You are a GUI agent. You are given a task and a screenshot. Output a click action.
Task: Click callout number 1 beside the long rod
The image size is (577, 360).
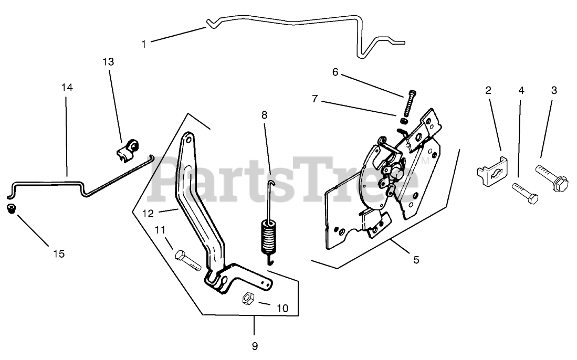(x=144, y=44)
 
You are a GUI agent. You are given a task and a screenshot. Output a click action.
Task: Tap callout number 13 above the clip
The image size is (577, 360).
(x=108, y=62)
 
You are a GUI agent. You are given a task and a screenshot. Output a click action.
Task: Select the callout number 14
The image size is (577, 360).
(x=67, y=88)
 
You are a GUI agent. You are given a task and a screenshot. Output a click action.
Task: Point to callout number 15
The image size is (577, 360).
(x=59, y=254)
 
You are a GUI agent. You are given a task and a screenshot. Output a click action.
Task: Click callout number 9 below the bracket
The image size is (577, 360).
(x=255, y=346)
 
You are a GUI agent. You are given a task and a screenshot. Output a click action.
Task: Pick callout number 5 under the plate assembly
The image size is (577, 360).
(x=416, y=259)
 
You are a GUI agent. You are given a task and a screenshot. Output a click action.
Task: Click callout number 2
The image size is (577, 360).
(x=488, y=90)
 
